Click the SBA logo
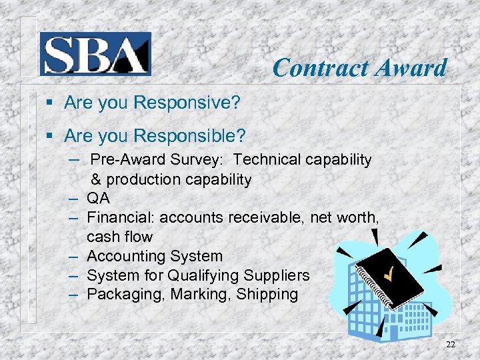[x=95, y=53]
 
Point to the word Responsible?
[x=190, y=137]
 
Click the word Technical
[x=267, y=159]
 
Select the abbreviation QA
[x=98, y=199]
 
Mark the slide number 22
[x=451, y=344]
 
